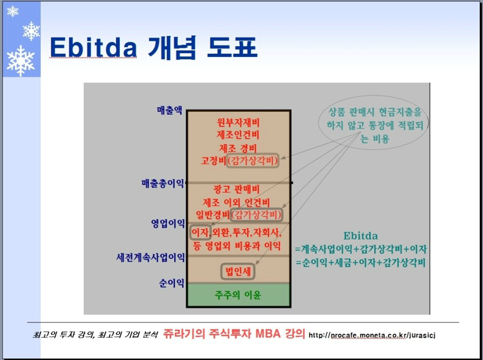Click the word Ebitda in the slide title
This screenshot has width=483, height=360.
tap(93, 47)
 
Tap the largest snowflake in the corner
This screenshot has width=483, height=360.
tap(20, 61)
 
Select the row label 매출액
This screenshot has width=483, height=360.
tap(170, 110)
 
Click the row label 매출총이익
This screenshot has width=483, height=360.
tap(163, 183)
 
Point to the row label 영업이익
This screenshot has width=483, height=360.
tap(168, 223)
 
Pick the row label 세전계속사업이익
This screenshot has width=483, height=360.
tap(150, 257)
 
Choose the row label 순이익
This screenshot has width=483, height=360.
tap(172, 283)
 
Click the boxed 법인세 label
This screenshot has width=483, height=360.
tap(238, 271)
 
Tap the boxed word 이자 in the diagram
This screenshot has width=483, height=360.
tap(200, 232)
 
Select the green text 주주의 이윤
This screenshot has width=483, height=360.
tap(238, 295)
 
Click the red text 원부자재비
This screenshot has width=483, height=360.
tap(238, 122)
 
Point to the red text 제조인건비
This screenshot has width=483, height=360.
tap(238, 135)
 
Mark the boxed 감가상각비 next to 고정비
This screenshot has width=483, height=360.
tap(253, 160)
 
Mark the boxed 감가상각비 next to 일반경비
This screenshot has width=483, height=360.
tap(257, 215)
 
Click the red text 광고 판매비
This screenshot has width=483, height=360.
tap(237, 189)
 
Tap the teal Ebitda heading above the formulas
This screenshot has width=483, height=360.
tap(361, 236)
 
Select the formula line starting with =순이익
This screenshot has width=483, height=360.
tap(361, 263)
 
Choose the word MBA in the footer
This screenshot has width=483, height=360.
tap(268, 334)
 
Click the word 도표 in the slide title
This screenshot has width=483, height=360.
tap(232, 47)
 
